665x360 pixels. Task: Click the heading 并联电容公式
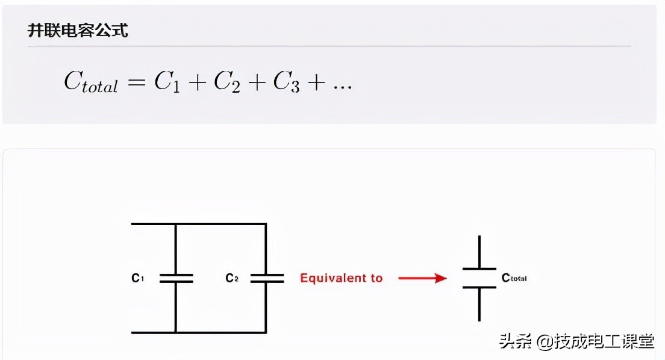tap(78, 31)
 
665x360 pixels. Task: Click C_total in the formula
tap(91, 81)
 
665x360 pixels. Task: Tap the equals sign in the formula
tap(136, 82)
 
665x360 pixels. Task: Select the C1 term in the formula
tap(167, 81)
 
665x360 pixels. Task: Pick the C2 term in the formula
tap(226, 81)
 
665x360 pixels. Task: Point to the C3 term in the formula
tap(286, 81)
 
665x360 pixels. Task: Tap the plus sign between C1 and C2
tap(197, 82)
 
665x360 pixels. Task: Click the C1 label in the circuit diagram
tap(137, 278)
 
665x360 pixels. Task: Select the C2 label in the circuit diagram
tap(231, 278)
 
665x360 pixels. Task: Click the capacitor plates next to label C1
tap(176, 278)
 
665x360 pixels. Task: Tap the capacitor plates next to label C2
tap(267, 278)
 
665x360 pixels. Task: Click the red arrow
tap(422, 278)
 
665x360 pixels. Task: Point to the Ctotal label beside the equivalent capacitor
tap(514, 278)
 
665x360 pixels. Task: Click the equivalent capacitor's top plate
tap(479, 269)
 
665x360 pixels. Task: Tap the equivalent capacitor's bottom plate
tap(479, 288)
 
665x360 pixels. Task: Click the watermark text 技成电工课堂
tap(604, 341)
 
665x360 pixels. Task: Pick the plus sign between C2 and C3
tap(257, 82)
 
